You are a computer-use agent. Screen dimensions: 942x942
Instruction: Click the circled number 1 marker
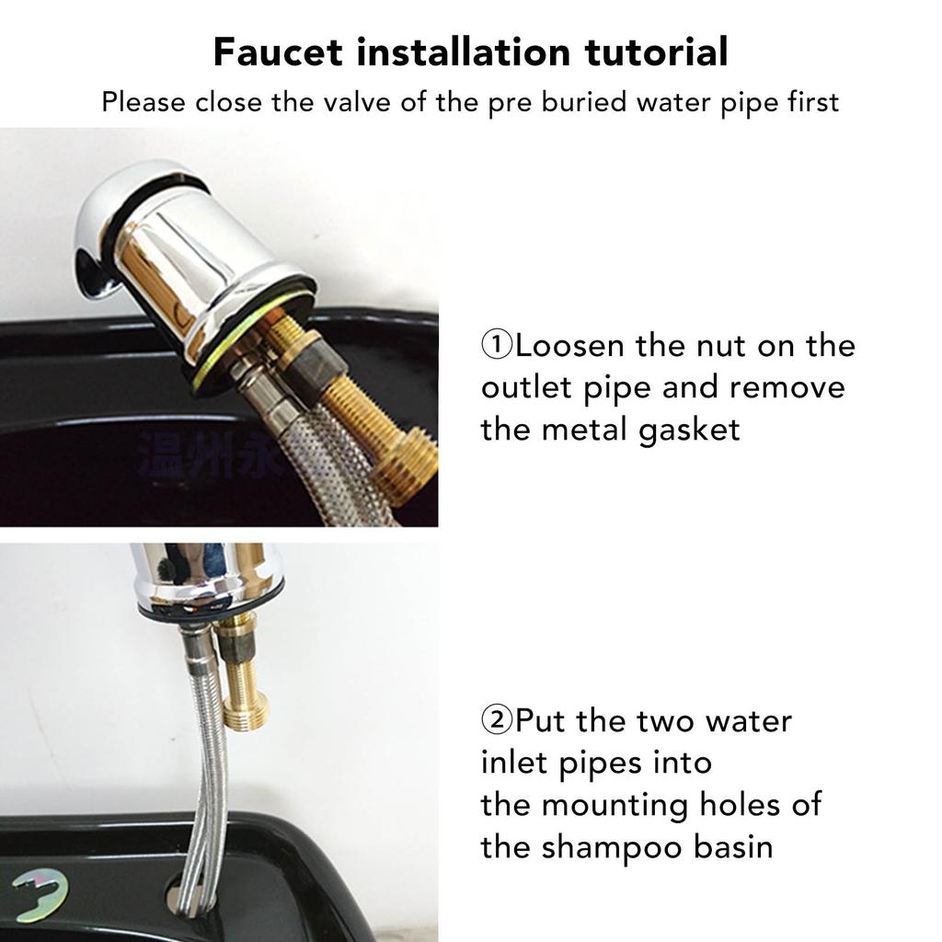[x=497, y=346]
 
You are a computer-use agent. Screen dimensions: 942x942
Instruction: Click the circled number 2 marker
[x=497, y=719]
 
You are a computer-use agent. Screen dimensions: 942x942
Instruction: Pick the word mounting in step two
[x=615, y=805]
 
